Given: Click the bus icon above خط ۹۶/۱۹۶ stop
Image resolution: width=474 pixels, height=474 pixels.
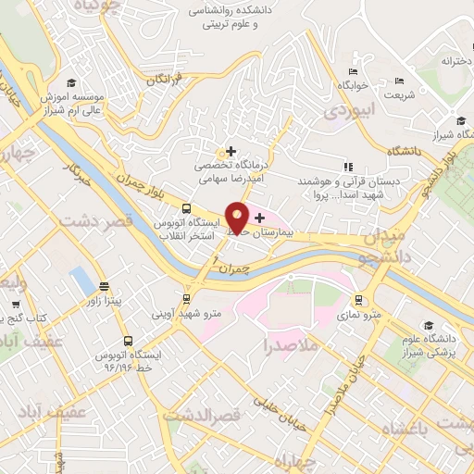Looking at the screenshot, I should pos(129,340).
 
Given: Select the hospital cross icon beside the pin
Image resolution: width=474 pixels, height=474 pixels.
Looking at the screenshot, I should pos(259,218).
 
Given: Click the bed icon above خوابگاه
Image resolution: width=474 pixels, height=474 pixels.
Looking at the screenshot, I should pos(353,71).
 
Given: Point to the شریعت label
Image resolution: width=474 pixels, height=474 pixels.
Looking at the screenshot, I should pos(399,95).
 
